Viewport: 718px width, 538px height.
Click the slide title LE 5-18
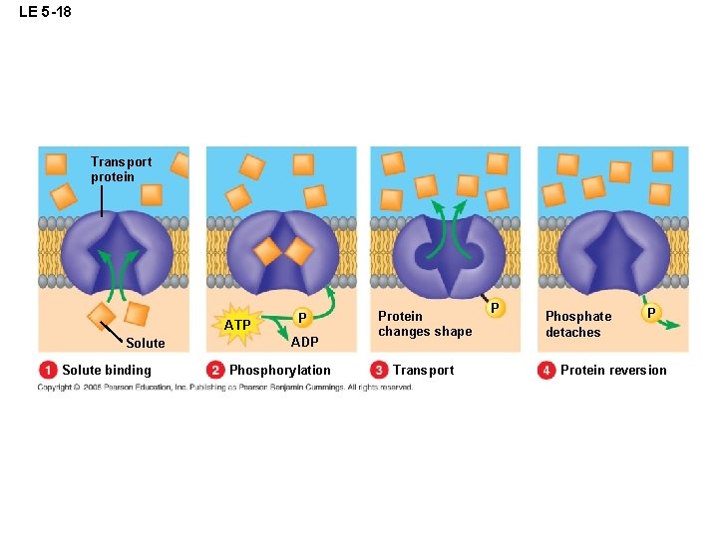tap(45, 13)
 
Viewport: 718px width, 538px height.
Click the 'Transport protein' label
tap(121, 169)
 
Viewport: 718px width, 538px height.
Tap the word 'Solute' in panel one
tap(146, 343)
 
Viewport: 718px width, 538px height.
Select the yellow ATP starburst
tap(237, 325)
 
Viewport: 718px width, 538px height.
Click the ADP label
tap(304, 342)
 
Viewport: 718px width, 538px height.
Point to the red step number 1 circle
tap(48, 371)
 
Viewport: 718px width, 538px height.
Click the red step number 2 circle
tap(215, 371)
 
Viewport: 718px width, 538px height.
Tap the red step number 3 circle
tap(379, 371)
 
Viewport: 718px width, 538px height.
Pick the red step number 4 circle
tap(546, 371)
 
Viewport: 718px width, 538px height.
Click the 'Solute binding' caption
tap(107, 371)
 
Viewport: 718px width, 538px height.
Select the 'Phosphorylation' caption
tap(280, 371)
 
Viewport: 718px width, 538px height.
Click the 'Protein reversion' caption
tap(613, 371)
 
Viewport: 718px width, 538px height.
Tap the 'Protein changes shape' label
tap(424, 324)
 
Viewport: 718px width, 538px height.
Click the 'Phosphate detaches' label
tap(578, 324)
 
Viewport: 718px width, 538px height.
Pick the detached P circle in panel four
tap(651, 313)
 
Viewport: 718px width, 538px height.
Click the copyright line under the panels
tap(224, 388)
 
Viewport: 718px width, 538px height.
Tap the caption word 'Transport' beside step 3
tap(423, 371)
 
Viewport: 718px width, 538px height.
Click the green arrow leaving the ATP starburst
tap(271, 322)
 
